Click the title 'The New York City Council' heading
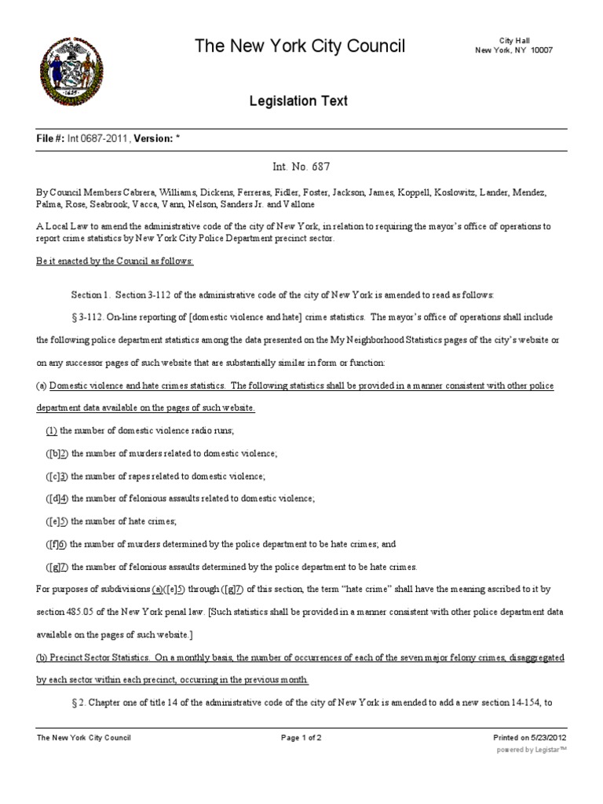click(301, 47)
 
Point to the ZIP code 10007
click(541, 50)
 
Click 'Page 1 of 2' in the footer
click(301, 738)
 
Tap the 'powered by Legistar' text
click(532, 750)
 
